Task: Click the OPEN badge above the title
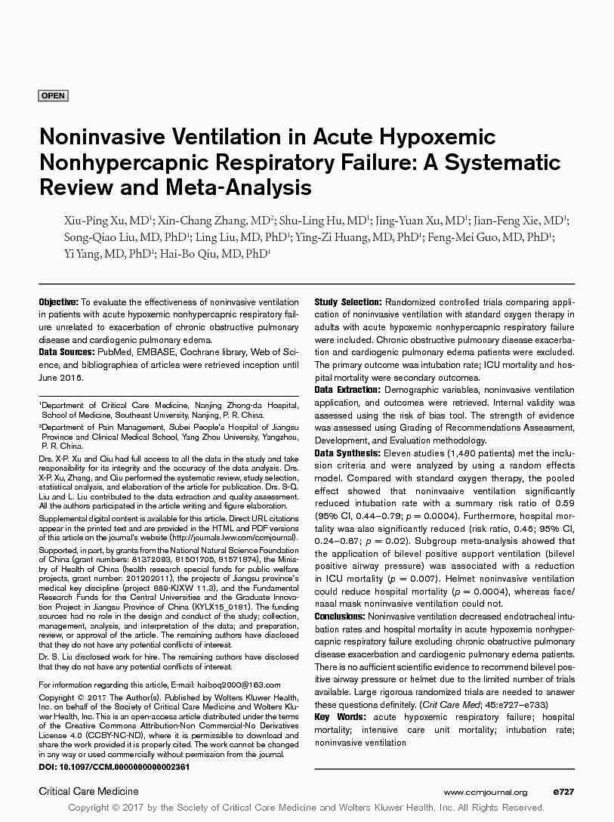pyautogui.click(x=53, y=96)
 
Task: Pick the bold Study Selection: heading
pyautogui.click(x=347, y=302)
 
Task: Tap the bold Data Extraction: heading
pyautogui.click(x=347, y=390)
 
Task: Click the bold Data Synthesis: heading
pyautogui.click(x=347, y=453)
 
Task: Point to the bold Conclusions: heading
pyautogui.click(x=340, y=617)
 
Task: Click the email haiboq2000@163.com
pyautogui.click(x=227, y=684)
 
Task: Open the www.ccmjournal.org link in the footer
pyautogui.click(x=486, y=792)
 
